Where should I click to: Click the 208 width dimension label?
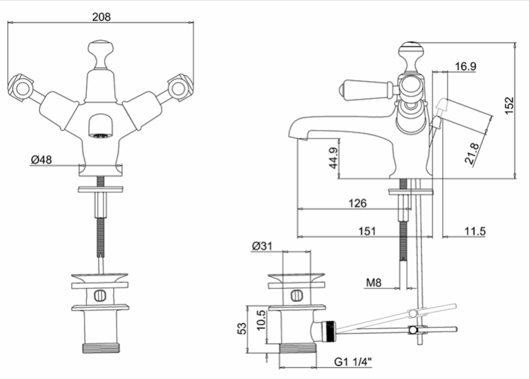(101, 16)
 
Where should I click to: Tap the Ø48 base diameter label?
(41, 159)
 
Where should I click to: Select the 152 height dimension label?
(509, 106)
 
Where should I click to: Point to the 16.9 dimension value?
(465, 66)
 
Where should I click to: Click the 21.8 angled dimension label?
(471, 153)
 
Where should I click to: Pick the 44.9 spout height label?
(333, 158)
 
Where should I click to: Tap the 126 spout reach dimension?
(357, 203)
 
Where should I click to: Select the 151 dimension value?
(367, 231)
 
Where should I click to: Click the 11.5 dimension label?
(475, 231)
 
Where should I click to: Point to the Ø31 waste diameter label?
(262, 246)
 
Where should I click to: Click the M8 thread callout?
(374, 282)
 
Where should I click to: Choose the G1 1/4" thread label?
(353, 362)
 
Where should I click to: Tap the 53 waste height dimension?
(242, 328)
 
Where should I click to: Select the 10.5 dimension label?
(261, 321)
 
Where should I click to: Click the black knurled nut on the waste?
(329, 331)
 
